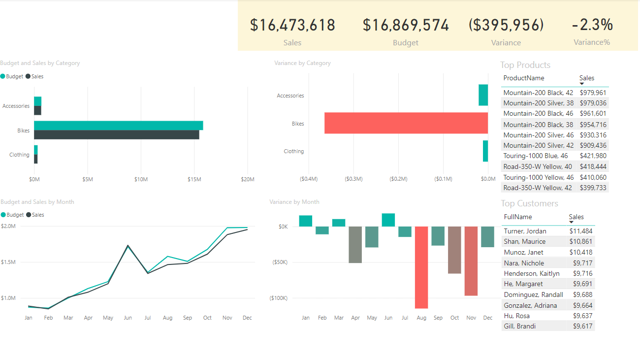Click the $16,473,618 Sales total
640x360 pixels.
point(292,25)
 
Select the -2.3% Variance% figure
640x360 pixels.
point(592,25)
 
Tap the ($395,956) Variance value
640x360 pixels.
point(506,25)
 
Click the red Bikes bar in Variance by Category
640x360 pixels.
point(406,123)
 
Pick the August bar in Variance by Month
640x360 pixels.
point(421,267)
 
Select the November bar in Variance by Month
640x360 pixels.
point(471,261)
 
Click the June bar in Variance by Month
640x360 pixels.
point(388,220)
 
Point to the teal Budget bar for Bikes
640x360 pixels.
point(118,126)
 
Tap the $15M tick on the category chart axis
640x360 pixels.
point(194,179)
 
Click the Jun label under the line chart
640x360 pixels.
point(128,318)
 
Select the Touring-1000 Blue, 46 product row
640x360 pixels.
point(535,156)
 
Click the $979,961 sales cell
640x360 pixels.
point(593,93)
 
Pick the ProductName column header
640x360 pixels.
point(524,78)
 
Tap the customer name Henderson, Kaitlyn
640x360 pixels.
point(532,273)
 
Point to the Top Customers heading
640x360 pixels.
point(530,203)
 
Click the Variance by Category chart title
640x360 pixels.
point(302,63)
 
